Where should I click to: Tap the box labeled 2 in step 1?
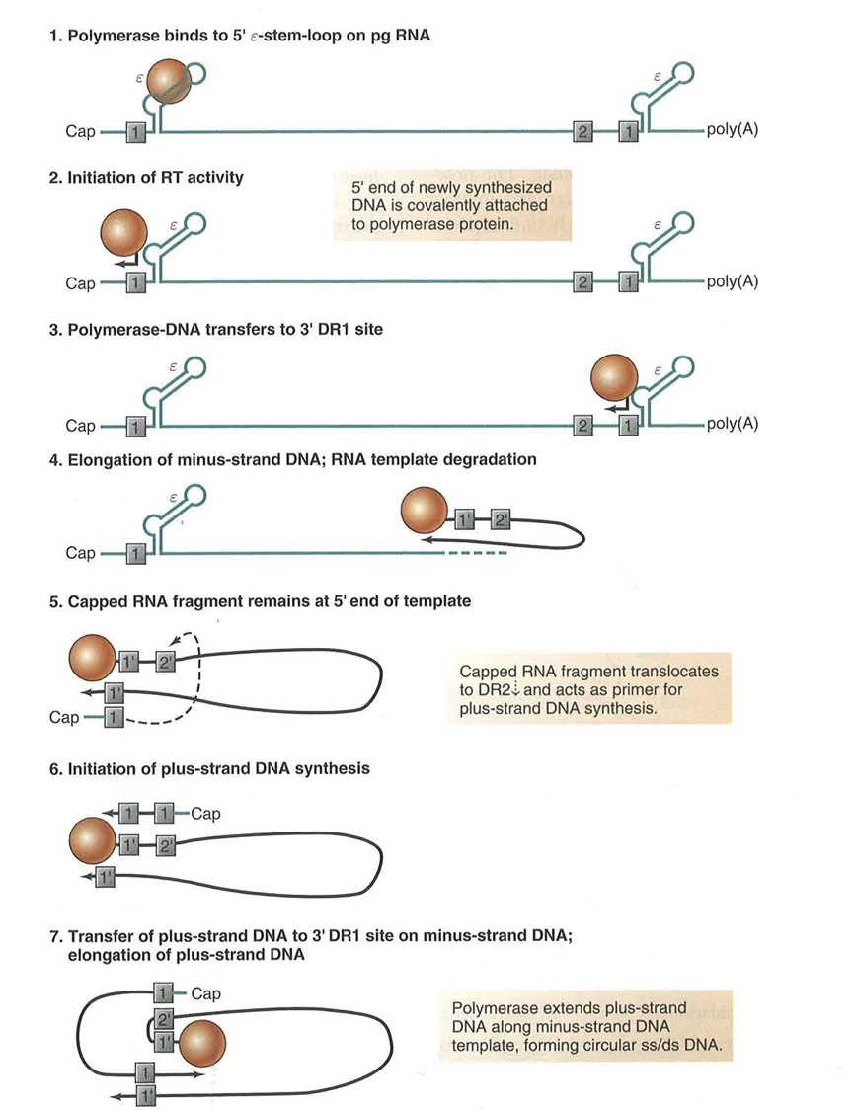point(583,131)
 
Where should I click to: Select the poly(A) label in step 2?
point(732,283)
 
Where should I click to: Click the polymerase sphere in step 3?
point(615,381)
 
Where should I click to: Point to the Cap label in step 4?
point(80,553)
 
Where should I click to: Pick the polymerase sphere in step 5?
point(94,661)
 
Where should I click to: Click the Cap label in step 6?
point(204,814)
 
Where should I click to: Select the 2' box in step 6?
point(167,846)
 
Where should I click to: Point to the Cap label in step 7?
point(205,993)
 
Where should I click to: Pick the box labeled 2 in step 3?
point(583,426)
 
